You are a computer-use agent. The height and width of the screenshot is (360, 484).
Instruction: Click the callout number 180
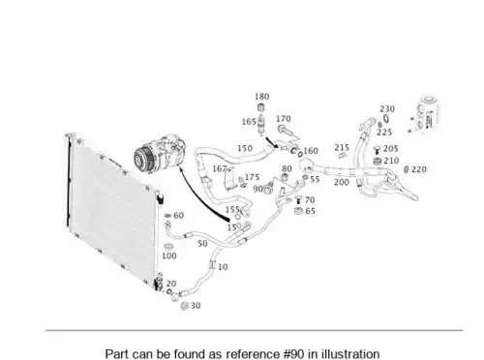(x=262, y=97)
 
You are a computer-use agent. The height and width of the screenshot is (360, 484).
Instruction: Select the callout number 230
(x=387, y=108)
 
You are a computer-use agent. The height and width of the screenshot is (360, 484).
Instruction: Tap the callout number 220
(x=419, y=169)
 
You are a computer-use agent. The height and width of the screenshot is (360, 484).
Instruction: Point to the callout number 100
(x=169, y=255)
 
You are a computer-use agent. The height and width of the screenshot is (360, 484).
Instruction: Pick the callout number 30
(x=196, y=306)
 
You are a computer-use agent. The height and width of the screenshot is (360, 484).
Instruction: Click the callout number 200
(x=342, y=182)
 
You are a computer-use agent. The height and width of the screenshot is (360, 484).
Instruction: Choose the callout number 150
(x=245, y=148)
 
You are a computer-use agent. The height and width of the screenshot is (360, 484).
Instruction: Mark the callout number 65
(x=310, y=211)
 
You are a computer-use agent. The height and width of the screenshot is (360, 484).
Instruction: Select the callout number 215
(x=342, y=147)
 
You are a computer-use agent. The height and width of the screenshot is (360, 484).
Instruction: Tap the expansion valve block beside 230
(x=428, y=114)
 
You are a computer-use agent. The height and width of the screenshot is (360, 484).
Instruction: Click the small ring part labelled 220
(x=407, y=169)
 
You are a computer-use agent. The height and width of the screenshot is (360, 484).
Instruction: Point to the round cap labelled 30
(x=185, y=306)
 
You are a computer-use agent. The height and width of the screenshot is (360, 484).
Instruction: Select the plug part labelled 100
(x=167, y=247)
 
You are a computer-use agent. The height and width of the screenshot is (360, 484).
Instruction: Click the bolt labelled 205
(x=377, y=150)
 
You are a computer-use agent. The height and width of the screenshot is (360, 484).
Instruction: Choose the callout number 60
(x=179, y=216)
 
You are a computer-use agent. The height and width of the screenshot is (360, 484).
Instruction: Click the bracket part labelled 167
(x=229, y=179)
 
